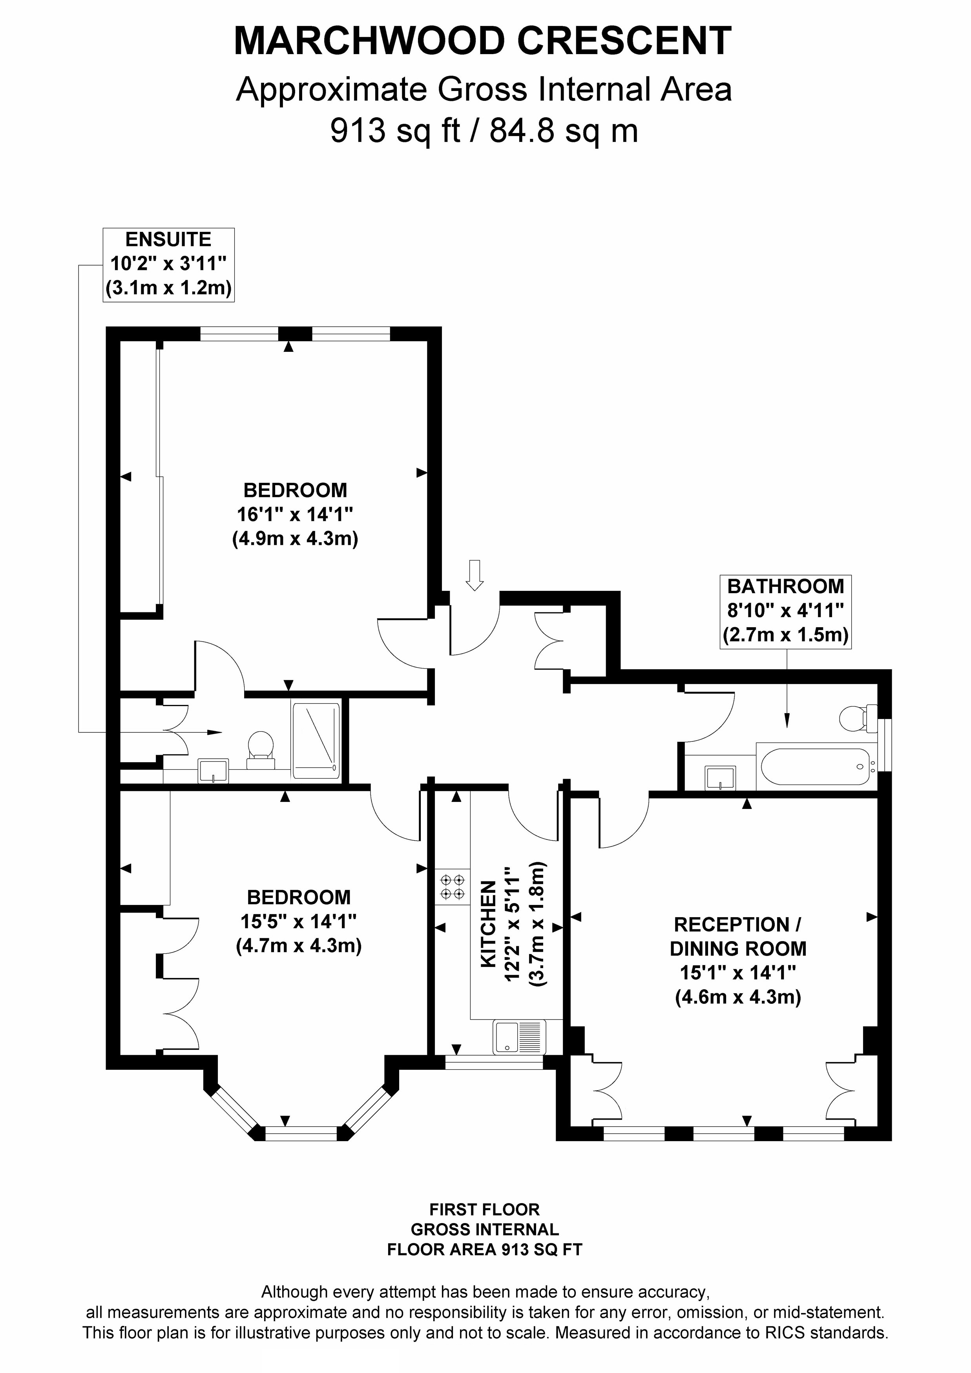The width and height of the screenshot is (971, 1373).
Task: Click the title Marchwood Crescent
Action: tap(482, 41)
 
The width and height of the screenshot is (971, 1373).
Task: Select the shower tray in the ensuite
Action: tap(316, 740)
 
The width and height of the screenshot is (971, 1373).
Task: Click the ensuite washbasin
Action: tap(213, 771)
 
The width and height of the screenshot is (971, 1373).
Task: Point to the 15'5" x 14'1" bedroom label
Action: tap(299, 921)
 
